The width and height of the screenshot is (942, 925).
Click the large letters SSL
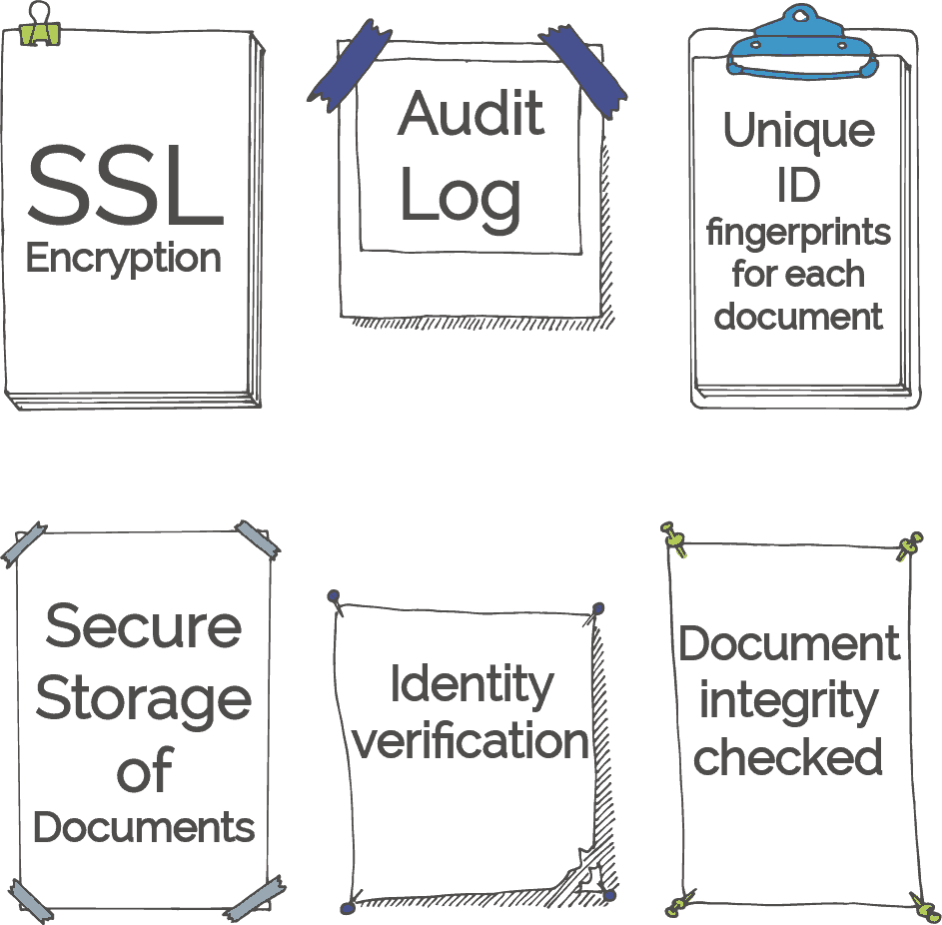[x=125, y=186]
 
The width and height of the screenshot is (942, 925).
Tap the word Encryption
[x=123, y=258]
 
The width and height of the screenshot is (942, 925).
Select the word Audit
[x=471, y=113]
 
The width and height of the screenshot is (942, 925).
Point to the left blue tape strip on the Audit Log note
[x=350, y=66]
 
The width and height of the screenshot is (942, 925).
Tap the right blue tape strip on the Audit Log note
[x=583, y=71]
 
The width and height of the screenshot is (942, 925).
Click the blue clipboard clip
[x=801, y=43]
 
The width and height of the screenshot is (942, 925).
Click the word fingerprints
[x=798, y=233]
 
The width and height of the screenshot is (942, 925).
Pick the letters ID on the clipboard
[x=798, y=185]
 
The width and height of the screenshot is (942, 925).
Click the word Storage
[x=143, y=701]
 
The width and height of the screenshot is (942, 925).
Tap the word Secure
[x=143, y=626]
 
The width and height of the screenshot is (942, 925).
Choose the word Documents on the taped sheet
[x=144, y=827]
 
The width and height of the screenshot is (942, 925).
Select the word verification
[x=471, y=740]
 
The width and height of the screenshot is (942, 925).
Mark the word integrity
[x=789, y=702]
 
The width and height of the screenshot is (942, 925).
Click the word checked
[x=787, y=756]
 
